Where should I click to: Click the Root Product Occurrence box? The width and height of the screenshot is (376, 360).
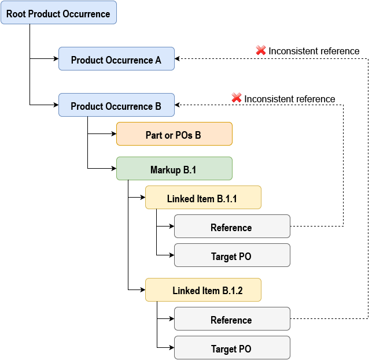[x=58, y=13]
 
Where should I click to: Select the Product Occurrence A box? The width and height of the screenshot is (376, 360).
[x=116, y=59]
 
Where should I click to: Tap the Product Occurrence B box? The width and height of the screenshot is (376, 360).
[x=116, y=105]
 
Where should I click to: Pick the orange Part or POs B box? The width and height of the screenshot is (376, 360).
[x=174, y=134]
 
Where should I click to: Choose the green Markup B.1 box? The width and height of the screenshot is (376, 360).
[x=174, y=169]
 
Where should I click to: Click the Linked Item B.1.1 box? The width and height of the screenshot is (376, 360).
[x=203, y=198]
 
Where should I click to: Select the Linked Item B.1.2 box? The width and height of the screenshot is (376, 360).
[x=203, y=290]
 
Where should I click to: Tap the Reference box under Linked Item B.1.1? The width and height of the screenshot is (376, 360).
[x=232, y=227]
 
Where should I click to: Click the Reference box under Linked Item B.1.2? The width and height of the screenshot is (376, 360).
[x=232, y=319]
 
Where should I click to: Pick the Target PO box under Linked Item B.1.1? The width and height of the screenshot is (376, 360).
[x=232, y=255]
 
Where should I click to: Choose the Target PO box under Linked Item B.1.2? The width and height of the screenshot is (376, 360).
[x=232, y=348]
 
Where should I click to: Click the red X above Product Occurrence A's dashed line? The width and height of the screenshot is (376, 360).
[x=261, y=51]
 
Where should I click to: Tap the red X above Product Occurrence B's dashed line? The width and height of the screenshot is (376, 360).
[x=237, y=98]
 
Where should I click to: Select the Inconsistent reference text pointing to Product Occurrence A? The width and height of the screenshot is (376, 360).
[x=314, y=51]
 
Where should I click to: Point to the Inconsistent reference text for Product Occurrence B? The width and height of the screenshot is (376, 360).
[x=289, y=99]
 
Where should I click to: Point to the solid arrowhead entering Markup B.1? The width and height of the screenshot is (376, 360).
[x=113, y=169]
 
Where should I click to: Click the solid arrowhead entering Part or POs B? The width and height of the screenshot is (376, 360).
[x=113, y=134]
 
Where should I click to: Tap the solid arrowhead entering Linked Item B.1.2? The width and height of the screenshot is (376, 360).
[x=142, y=290]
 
